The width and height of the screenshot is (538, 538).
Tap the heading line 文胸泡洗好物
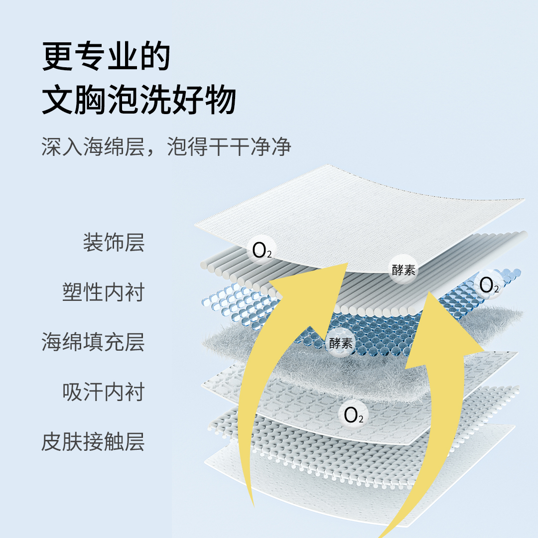pyautogui.click(x=138, y=101)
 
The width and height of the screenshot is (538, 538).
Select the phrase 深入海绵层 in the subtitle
pyautogui.click(x=93, y=148)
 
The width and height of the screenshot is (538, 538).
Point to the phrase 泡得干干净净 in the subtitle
pyautogui.click(x=229, y=148)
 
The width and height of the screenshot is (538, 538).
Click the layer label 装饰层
pyautogui.click(x=114, y=243)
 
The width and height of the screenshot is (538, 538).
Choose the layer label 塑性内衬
pyautogui.click(x=103, y=292)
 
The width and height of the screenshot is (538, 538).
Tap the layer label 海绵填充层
pyautogui.click(x=93, y=342)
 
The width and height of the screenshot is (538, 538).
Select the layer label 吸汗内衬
pyautogui.click(x=103, y=392)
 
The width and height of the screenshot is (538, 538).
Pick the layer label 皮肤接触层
pyautogui.click(x=93, y=442)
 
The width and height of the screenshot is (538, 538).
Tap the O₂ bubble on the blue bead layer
pyautogui.click(x=489, y=284)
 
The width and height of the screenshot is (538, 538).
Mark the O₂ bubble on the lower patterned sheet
pyautogui.click(x=353, y=414)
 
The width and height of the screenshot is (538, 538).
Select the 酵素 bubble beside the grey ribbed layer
pyautogui.click(x=403, y=270)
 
